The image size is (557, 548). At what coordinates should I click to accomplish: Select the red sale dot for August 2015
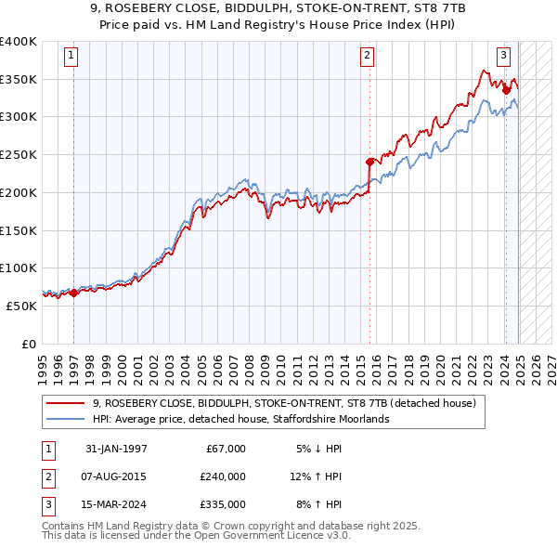pos(369,162)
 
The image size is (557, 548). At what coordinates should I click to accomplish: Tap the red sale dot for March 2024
pos(506,90)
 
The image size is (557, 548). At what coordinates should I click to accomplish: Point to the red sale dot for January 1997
pos(73,293)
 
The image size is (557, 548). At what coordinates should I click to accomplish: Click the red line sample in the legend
pos(67,403)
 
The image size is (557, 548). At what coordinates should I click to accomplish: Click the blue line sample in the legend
pos(67,419)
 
